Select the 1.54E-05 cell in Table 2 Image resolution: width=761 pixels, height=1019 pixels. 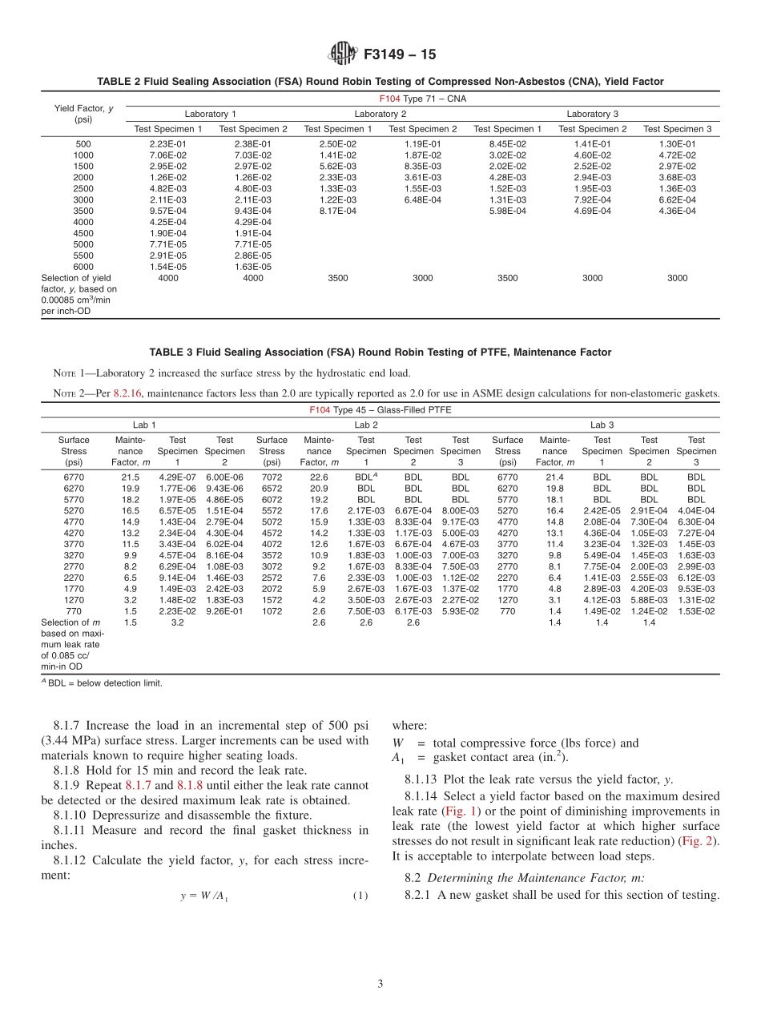point(168,267)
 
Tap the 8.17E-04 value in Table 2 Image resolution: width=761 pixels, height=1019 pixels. point(337,211)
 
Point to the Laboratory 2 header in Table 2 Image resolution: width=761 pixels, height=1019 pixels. point(380,114)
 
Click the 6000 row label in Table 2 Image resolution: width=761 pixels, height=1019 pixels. point(83,267)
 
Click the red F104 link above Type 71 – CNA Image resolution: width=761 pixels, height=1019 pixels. point(389,99)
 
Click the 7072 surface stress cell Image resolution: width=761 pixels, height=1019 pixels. point(272,476)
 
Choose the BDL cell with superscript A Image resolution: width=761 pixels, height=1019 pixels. point(367,476)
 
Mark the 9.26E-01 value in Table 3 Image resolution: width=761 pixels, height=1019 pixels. point(225,611)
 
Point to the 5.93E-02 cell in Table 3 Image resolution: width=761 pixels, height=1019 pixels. point(461,611)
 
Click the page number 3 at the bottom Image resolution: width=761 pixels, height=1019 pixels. point(380,984)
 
